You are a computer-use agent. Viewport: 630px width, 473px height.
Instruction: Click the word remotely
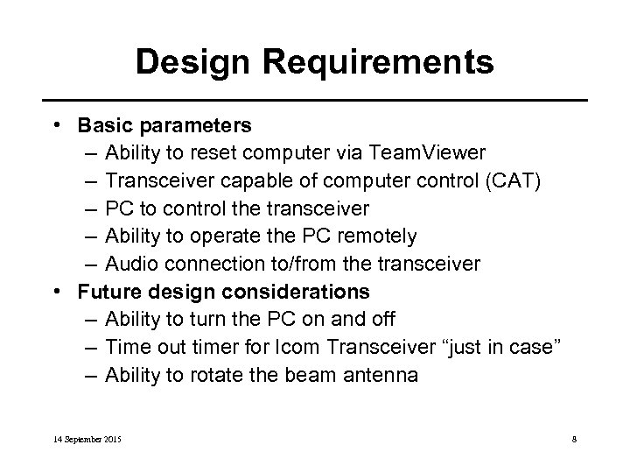point(374,236)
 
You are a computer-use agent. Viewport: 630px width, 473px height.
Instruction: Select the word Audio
point(130,263)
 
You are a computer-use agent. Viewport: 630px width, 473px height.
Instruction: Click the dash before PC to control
point(93,209)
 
